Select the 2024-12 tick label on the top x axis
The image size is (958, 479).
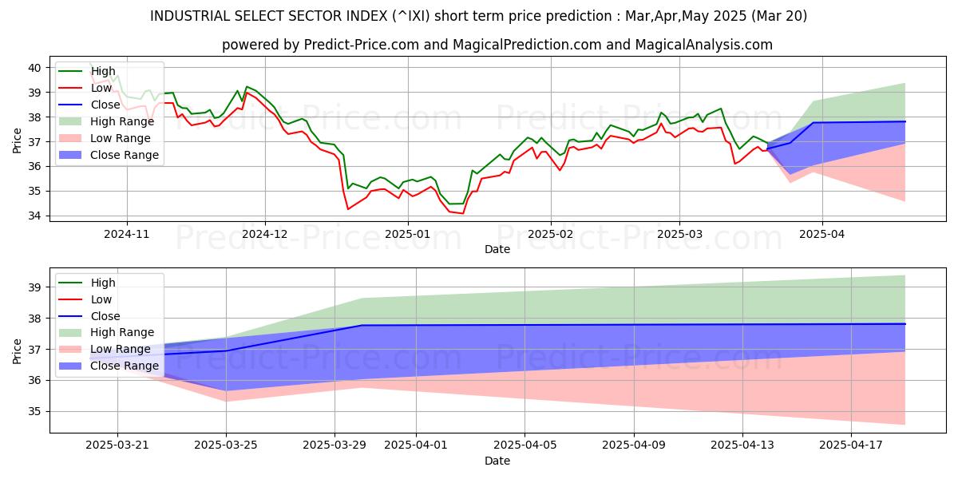pyautogui.click(x=265, y=235)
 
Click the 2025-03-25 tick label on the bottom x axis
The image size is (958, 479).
pyautogui.click(x=227, y=445)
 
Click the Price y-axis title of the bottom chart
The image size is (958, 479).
pyautogui.click(x=18, y=350)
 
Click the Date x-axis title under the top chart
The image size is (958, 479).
pyautogui.click(x=497, y=249)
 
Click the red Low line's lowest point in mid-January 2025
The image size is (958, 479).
pyautogui.click(x=462, y=213)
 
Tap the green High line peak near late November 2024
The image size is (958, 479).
pyautogui.click(x=247, y=86)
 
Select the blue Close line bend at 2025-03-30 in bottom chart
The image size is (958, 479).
pyautogui.click(x=362, y=325)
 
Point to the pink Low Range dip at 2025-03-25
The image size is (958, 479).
pyautogui.click(x=228, y=401)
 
